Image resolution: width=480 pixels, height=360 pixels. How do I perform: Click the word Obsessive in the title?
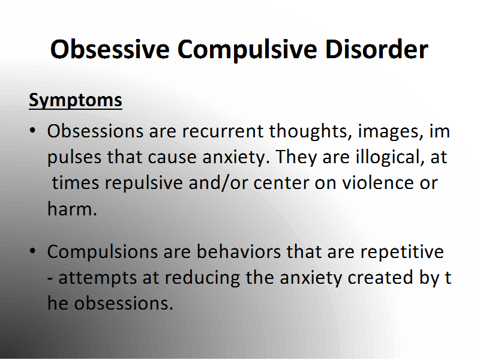coord(110,49)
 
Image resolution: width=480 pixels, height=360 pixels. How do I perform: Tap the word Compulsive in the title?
coord(247,51)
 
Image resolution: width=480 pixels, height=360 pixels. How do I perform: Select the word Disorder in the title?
coord(377,49)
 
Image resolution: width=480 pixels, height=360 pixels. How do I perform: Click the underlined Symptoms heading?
coord(76,100)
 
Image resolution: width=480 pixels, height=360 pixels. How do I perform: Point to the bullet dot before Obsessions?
coord(33,131)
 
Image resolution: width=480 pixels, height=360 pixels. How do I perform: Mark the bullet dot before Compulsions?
coord(33,251)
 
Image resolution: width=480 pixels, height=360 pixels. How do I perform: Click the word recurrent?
coord(223,131)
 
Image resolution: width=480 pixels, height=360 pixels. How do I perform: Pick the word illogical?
coord(389,158)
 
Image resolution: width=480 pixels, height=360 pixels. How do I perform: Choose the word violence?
coord(378,183)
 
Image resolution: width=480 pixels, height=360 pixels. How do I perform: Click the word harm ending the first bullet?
coord(72,209)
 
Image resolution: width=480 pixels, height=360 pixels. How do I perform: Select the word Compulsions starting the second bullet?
coord(102,253)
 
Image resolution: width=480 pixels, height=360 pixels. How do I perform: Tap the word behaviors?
coord(239,251)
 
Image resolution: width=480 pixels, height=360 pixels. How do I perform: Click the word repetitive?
coord(402,253)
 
